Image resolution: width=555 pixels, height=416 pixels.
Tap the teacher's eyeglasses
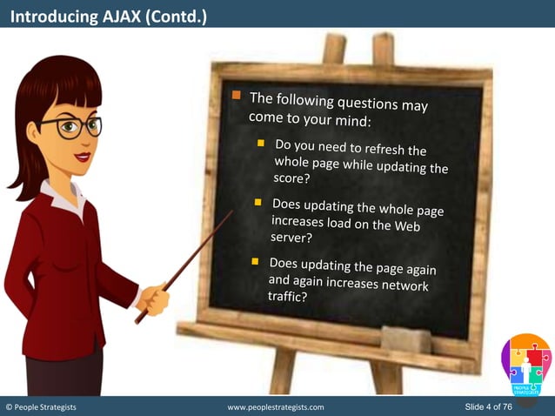point(70,127)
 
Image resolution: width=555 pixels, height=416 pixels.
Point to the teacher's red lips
point(82,157)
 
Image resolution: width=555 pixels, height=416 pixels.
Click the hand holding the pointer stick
point(155,300)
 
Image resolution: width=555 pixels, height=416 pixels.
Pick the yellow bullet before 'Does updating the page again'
point(255,261)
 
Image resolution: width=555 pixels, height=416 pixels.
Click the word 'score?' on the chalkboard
point(291,178)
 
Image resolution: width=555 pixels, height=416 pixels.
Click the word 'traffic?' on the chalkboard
point(288,296)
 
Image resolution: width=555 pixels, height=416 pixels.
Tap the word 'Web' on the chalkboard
point(413,226)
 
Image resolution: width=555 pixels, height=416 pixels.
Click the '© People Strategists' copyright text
point(43,407)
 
